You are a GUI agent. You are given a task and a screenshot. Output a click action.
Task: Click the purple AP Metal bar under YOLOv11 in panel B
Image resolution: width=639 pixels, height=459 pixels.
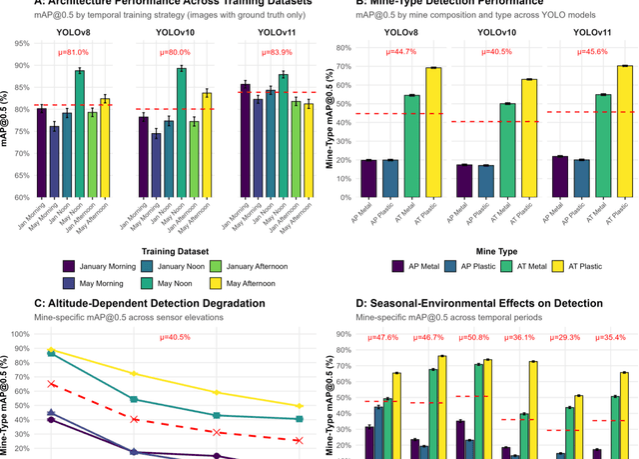[559, 176]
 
